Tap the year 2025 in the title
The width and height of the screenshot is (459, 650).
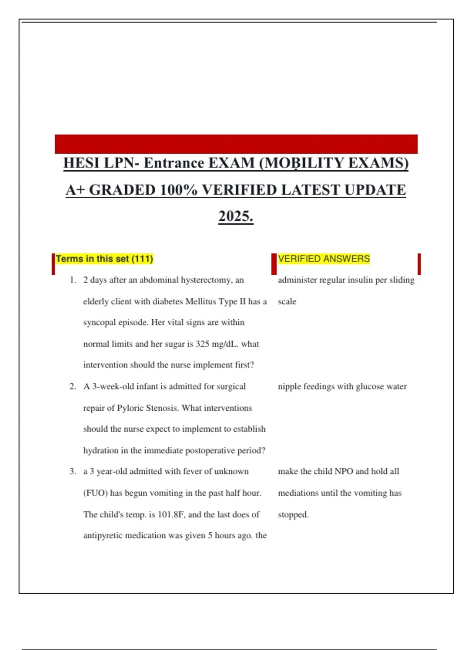click(x=236, y=216)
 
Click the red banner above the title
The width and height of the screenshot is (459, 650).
click(x=236, y=144)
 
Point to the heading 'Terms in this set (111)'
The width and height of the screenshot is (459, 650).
click(x=104, y=259)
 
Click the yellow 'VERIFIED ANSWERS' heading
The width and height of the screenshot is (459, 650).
click(x=324, y=259)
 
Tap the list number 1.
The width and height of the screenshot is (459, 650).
click(x=73, y=280)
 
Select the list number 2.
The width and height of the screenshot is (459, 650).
click(x=73, y=387)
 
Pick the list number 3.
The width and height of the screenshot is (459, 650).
click(x=73, y=471)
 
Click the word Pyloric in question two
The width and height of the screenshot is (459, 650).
click(x=131, y=408)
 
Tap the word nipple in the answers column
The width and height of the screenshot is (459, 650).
click(x=290, y=387)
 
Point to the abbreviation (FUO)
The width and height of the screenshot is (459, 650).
click(x=95, y=493)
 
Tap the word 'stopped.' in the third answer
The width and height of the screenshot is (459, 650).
click(x=293, y=515)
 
